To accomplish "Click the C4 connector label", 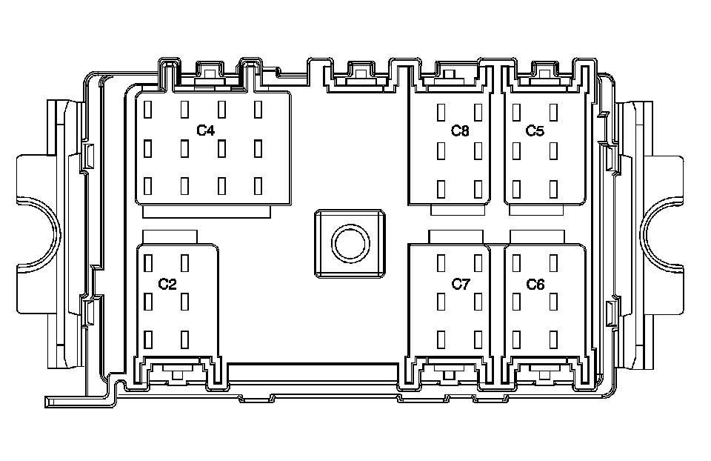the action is [205, 131].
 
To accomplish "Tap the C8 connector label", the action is [460, 131].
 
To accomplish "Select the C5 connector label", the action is [535, 131].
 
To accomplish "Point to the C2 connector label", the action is [168, 284].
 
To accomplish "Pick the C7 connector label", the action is [461, 284].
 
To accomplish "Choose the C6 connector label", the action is [535, 284].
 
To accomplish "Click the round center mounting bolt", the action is [348, 244].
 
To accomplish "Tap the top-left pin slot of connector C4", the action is [147, 110].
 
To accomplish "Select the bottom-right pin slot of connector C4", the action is [258, 185].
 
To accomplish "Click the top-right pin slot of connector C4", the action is [258, 110].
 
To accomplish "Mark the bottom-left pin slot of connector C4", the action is [147, 185].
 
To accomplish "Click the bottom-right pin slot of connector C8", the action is [478, 188].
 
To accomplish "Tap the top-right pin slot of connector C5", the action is [553, 112].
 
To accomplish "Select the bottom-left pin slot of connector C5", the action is [516, 188].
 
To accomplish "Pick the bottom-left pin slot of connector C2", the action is [148, 339].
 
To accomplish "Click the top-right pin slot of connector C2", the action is [185, 263].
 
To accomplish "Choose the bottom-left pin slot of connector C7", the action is [441, 339].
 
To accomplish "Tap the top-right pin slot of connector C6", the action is [553, 263].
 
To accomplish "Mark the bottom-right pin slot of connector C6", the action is [553, 339].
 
